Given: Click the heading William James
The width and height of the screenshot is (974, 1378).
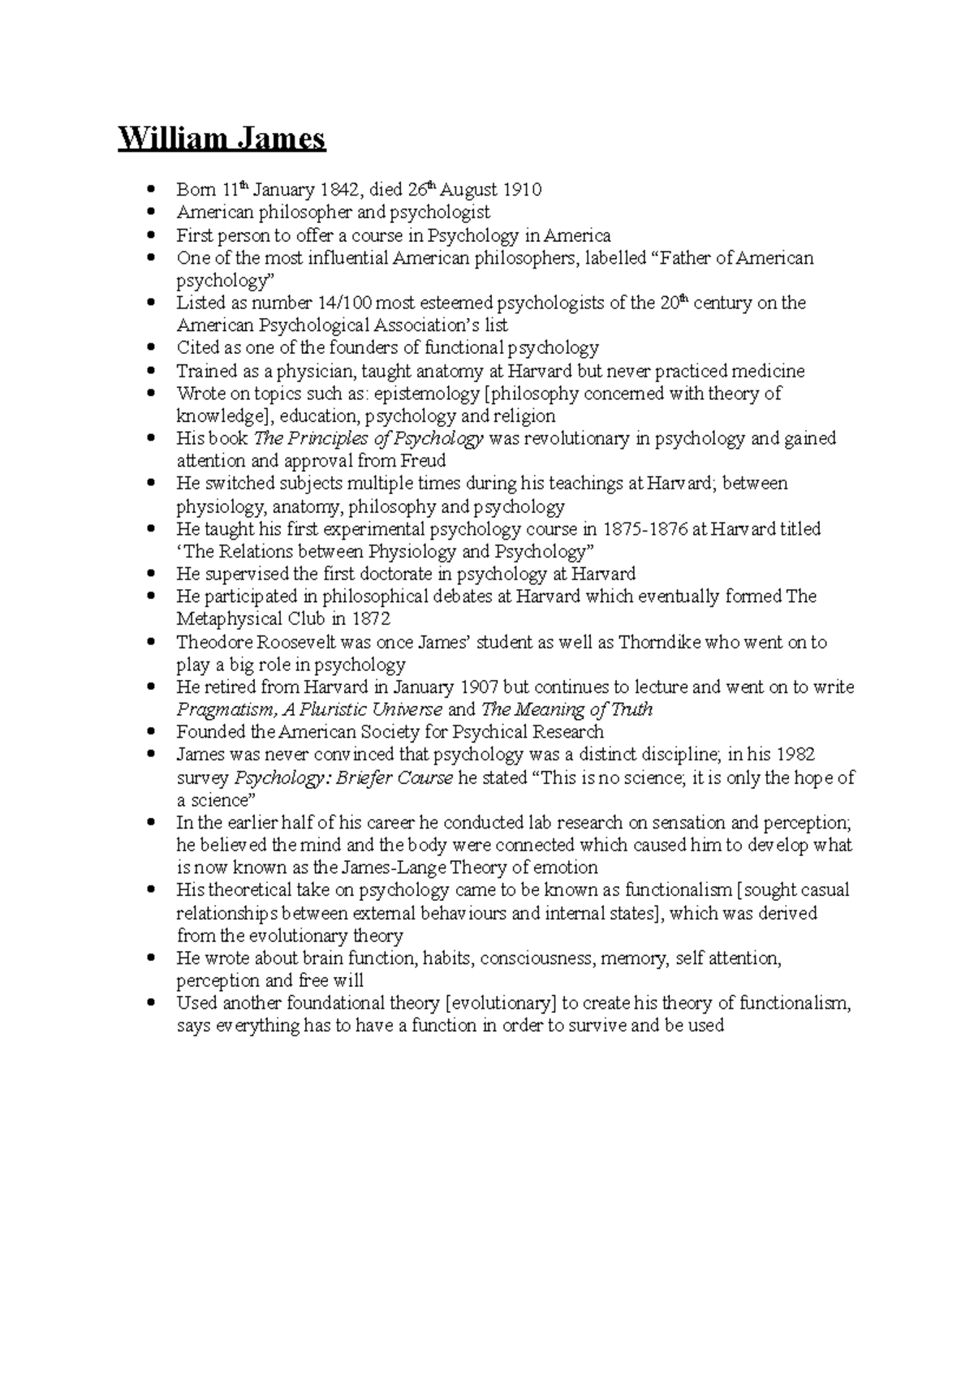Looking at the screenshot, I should point(222,139).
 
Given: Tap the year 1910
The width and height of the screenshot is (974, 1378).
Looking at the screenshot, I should point(521,190).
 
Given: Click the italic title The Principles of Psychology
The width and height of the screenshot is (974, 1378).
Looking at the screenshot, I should point(368,439).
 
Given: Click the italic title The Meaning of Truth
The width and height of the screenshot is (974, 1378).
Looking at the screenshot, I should point(567,710).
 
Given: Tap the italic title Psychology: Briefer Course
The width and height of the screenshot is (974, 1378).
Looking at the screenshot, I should point(343,777).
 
